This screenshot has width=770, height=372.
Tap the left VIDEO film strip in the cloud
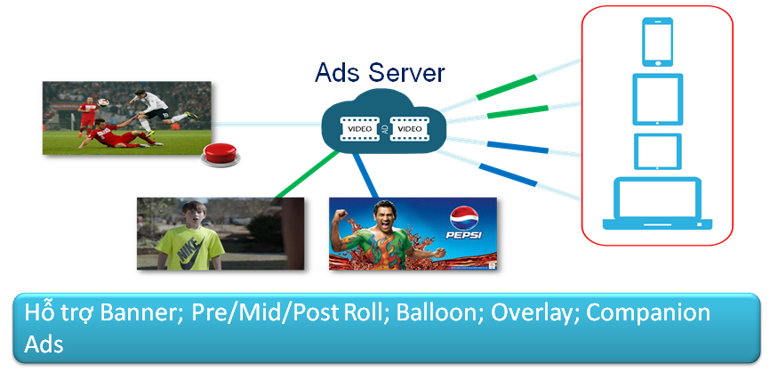tap(361, 129)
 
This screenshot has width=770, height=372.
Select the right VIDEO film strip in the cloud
tap(409, 129)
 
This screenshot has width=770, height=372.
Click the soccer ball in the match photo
tap(102, 102)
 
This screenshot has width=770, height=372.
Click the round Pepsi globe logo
tap(464, 217)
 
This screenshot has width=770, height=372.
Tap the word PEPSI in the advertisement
tap(464, 235)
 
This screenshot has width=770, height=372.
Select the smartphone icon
tap(658, 42)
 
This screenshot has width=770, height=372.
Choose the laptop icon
tap(658, 204)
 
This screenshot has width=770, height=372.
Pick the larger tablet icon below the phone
tap(658, 100)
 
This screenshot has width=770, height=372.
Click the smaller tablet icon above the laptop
tap(658, 151)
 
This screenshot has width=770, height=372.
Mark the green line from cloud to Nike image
tap(307, 174)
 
